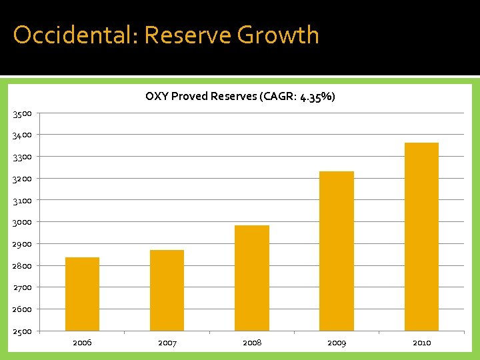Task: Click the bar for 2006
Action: point(82,294)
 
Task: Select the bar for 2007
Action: point(167,290)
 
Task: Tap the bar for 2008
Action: point(252,278)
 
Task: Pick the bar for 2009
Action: point(337,251)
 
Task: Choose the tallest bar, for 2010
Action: point(421,237)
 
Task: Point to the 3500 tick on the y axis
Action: point(21,113)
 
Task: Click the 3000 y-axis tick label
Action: point(21,222)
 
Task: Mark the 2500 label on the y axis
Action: point(21,331)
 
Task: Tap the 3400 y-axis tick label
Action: point(21,135)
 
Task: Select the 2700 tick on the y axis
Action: point(21,287)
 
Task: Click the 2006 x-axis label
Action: point(82,343)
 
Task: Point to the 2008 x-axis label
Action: point(252,343)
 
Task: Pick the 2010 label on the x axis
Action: point(421,343)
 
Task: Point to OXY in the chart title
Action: point(157,97)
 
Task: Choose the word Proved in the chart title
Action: point(189,97)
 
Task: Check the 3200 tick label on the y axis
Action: point(21,179)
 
